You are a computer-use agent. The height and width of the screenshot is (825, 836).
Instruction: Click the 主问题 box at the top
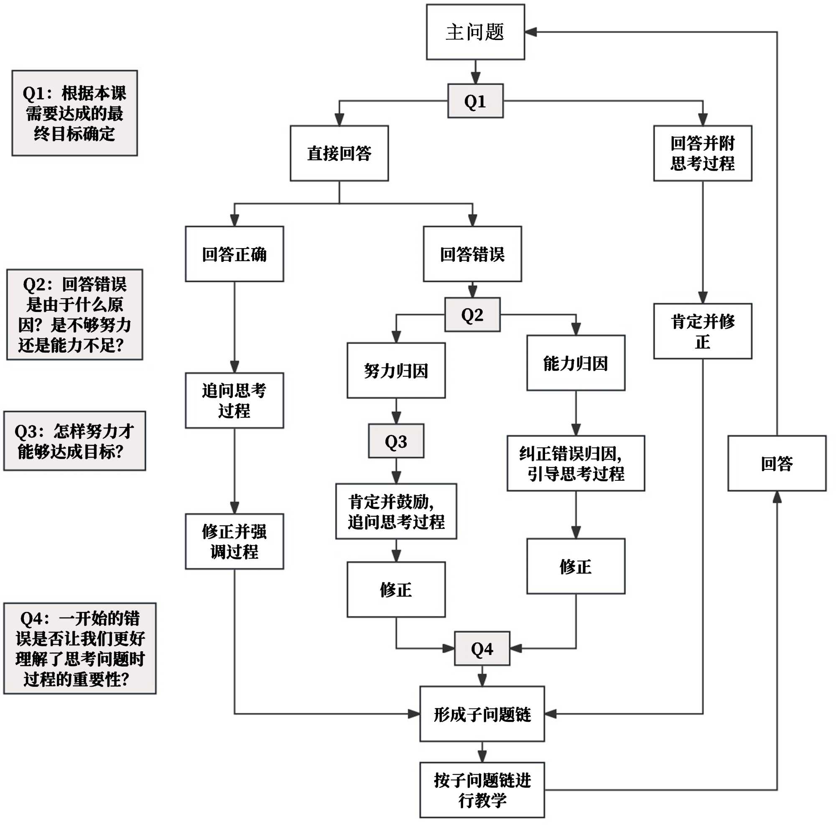pyautogui.click(x=475, y=32)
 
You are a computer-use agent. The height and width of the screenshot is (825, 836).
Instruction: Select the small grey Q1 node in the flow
pyautogui.click(x=475, y=101)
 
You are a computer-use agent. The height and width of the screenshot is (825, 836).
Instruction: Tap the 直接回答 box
pyautogui.click(x=339, y=153)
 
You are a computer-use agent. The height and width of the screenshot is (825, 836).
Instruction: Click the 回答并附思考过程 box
pyautogui.click(x=702, y=153)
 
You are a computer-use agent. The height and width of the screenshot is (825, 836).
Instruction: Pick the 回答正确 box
pyautogui.click(x=234, y=254)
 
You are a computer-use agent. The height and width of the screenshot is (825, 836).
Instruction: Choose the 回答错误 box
pyautogui.click(x=472, y=254)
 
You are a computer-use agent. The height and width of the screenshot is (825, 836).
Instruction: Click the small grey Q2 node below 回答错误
pyautogui.click(x=472, y=315)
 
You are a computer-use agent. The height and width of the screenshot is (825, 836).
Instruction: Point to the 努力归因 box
pyautogui.click(x=396, y=371)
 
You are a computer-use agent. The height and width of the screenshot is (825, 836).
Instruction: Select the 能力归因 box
pyautogui.click(x=576, y=363)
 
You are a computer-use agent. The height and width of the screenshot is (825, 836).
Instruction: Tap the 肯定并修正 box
pyautogui.click(x=702, y=331)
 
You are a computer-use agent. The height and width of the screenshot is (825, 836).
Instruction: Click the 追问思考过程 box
pyautogui.click(x=234, y=401)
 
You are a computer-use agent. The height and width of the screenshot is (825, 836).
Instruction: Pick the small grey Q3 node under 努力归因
pyautogui.click(x=396, y=441)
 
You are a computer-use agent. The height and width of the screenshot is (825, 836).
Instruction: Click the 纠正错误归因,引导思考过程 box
pyautogui.click(x=576, y=464)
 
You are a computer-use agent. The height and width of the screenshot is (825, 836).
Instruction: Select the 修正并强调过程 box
pyautogui.click(x=234, y=541)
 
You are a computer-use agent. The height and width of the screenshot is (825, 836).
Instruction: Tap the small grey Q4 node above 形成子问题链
pyautogui.click(x=482, y=649)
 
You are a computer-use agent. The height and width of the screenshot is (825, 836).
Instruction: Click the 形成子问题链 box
pyautogui.click(x=482, y=714)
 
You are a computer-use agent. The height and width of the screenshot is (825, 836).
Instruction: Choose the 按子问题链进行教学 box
pyautogui.click(x=482, y=790)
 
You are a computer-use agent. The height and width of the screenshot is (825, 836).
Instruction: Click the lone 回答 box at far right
pyautogui.click(x=777, y=464)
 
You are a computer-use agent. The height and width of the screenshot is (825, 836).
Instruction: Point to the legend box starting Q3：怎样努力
pyautogui.click(x=74, y=441)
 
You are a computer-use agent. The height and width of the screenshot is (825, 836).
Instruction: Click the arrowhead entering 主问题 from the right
pyautogui.click(x=530, y=32)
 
